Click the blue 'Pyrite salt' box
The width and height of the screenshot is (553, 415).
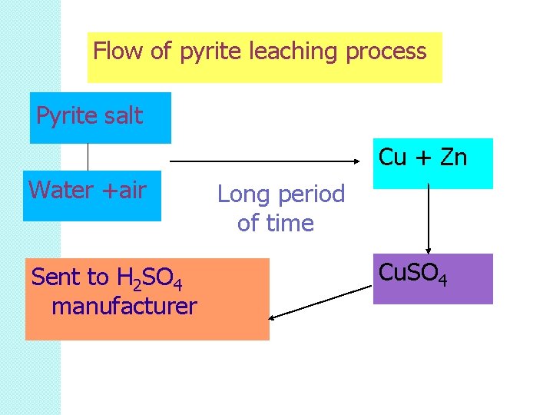pyautogui.click(x=100, y=118)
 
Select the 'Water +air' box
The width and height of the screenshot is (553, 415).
pyautogui.click(x=92, y=195)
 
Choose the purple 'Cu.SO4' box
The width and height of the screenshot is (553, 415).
pyautogui.click(x=432, y=278)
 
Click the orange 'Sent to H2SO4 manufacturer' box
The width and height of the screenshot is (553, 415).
pyautogui.click(x=147, y=299)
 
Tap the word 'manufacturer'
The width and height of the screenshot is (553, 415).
pyautogui.click(x=124, y=307)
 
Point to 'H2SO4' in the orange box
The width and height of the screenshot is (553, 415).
pyautogui.click(x=150, y=278)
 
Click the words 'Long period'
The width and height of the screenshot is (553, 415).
pyautogui.click(x=281, y=194)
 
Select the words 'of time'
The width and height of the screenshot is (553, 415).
pyautogui.click(x=276, y=224)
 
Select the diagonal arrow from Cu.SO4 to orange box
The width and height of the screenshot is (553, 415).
pyautogui.click(x=321, y=300)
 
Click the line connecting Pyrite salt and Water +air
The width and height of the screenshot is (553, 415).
pyautogui.click(x=88, y=157)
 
